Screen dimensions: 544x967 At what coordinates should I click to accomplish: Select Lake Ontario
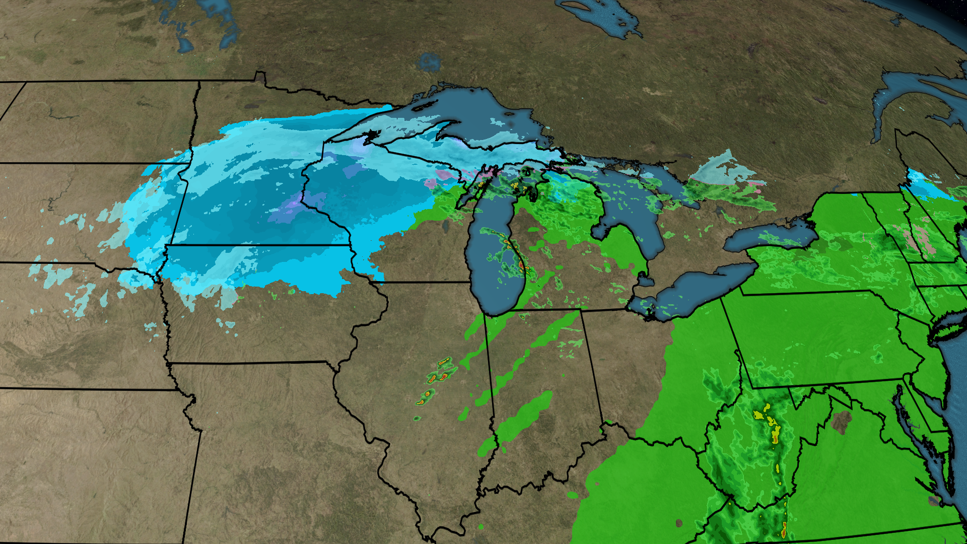(771, 237)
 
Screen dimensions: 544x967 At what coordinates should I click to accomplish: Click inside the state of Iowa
(252, 322)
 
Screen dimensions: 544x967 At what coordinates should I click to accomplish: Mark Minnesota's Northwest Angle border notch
(260, 77)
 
